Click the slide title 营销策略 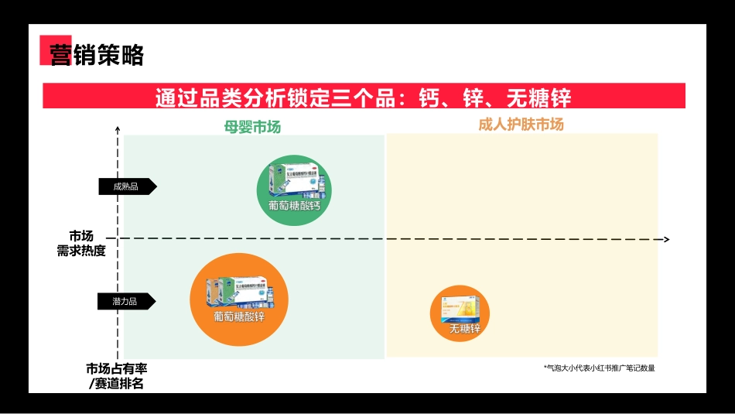(x=97, y=55)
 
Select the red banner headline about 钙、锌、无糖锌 (x=364, y=98)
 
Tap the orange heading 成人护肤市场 (x=532, y=125)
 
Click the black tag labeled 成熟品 (x=126, y=186)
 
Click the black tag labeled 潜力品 (x=126, y=301)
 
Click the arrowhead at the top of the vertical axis (x=118, y=129)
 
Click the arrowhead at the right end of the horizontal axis (x=665, y=240)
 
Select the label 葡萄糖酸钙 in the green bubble (x=294, y=206)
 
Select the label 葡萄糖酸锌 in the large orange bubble (x=238, y=316)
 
